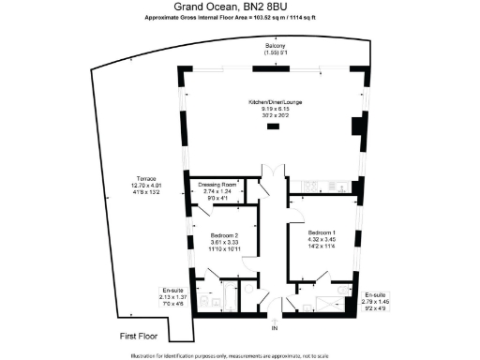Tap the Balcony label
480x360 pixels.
point(276,45)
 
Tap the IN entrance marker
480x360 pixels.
point(275,330)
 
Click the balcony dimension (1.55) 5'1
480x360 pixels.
point(276,52)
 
